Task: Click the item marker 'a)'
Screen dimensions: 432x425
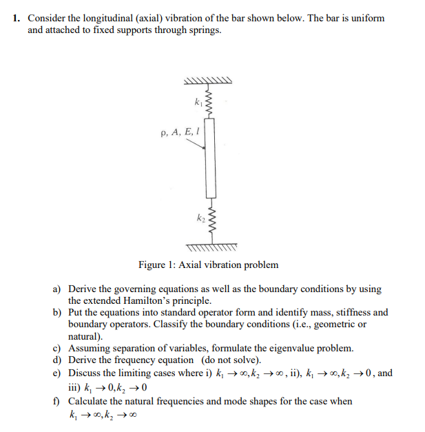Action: pyautogui.click(x=59, y=290)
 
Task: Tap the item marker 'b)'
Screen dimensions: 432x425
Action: pyautogui.click(x=59, y=312)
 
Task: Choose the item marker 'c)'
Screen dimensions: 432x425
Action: pyautogui.click(x=59, y=348)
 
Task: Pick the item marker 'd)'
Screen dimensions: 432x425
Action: pyautogui.click(x=59, y=360)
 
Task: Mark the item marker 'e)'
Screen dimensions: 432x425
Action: pyautogui.click(x=59, y=373)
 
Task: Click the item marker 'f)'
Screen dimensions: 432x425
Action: pyautogui.click(x=58, y=401)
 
